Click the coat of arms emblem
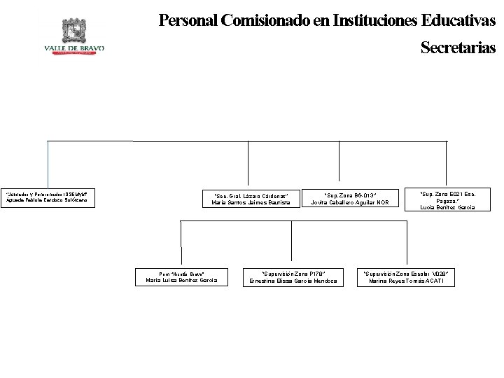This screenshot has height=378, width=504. [74, 31]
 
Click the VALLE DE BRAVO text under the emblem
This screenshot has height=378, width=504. [74, 48]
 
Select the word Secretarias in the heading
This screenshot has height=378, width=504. [458, 48]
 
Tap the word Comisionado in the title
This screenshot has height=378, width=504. [265, 20]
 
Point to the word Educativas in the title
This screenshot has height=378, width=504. [458, 20]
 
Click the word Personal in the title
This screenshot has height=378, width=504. [188, 20]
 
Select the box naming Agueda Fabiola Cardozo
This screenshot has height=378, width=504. [48, 197]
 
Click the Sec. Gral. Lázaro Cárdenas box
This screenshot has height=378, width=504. [251, 199]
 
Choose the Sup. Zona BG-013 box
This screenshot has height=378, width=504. [350, 199]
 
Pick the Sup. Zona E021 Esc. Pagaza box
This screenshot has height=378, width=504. [447, 200]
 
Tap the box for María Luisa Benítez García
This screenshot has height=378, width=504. [181, 277]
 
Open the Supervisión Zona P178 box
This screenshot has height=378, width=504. [293, 277]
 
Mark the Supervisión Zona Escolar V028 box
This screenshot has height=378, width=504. [406, 277]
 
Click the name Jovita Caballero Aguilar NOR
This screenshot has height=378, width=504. [350, 203]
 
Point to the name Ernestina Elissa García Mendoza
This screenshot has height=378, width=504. [293, 281]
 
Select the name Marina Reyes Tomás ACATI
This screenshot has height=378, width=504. [406, 281]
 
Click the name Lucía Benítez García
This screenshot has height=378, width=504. [447, 208]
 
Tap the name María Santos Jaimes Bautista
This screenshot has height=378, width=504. [251, 203]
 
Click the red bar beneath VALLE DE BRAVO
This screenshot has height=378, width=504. [74, 52]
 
